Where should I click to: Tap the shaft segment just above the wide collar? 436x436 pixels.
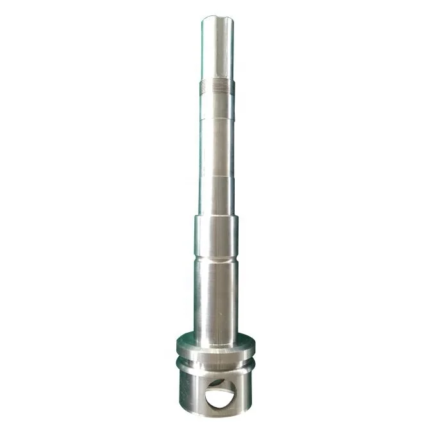point(217,199)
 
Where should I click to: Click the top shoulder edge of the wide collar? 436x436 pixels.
point(217,217)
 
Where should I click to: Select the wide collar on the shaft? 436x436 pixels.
point(217,234)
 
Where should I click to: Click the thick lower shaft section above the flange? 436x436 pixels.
point(216,295)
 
